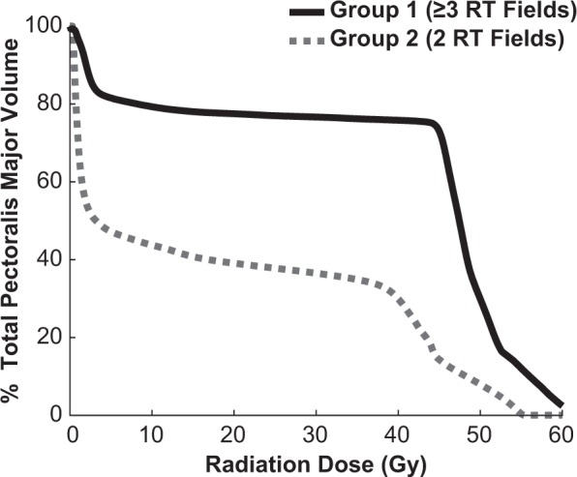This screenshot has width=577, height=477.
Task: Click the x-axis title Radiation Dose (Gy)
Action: coord(316,462)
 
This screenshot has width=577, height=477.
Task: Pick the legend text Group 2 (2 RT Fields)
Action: coord(447,40)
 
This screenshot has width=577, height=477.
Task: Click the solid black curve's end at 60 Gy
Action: coord(560,403)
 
